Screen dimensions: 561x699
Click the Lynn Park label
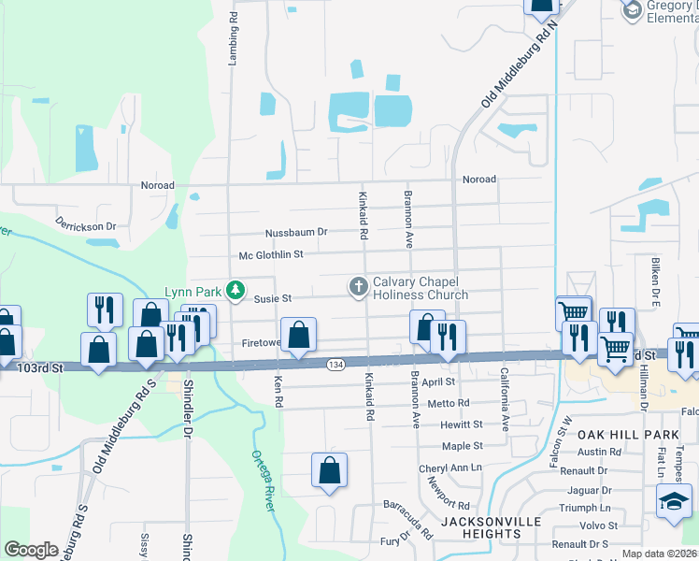click(194, 291)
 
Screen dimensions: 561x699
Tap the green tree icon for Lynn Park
click(236, 290)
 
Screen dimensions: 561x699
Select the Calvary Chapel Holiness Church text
click(421, 288)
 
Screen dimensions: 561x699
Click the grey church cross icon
click(358, 286)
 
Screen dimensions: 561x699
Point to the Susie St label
click(274, 298)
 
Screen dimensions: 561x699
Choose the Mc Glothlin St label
click(271, 254)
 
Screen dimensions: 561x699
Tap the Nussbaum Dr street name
click(296, 232)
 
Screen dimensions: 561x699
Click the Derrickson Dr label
click(85, 225)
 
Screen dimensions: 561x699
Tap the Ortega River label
click(264, 481)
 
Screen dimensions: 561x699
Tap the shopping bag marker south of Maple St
click(329, 471)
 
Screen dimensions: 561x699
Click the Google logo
click(31, 550)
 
